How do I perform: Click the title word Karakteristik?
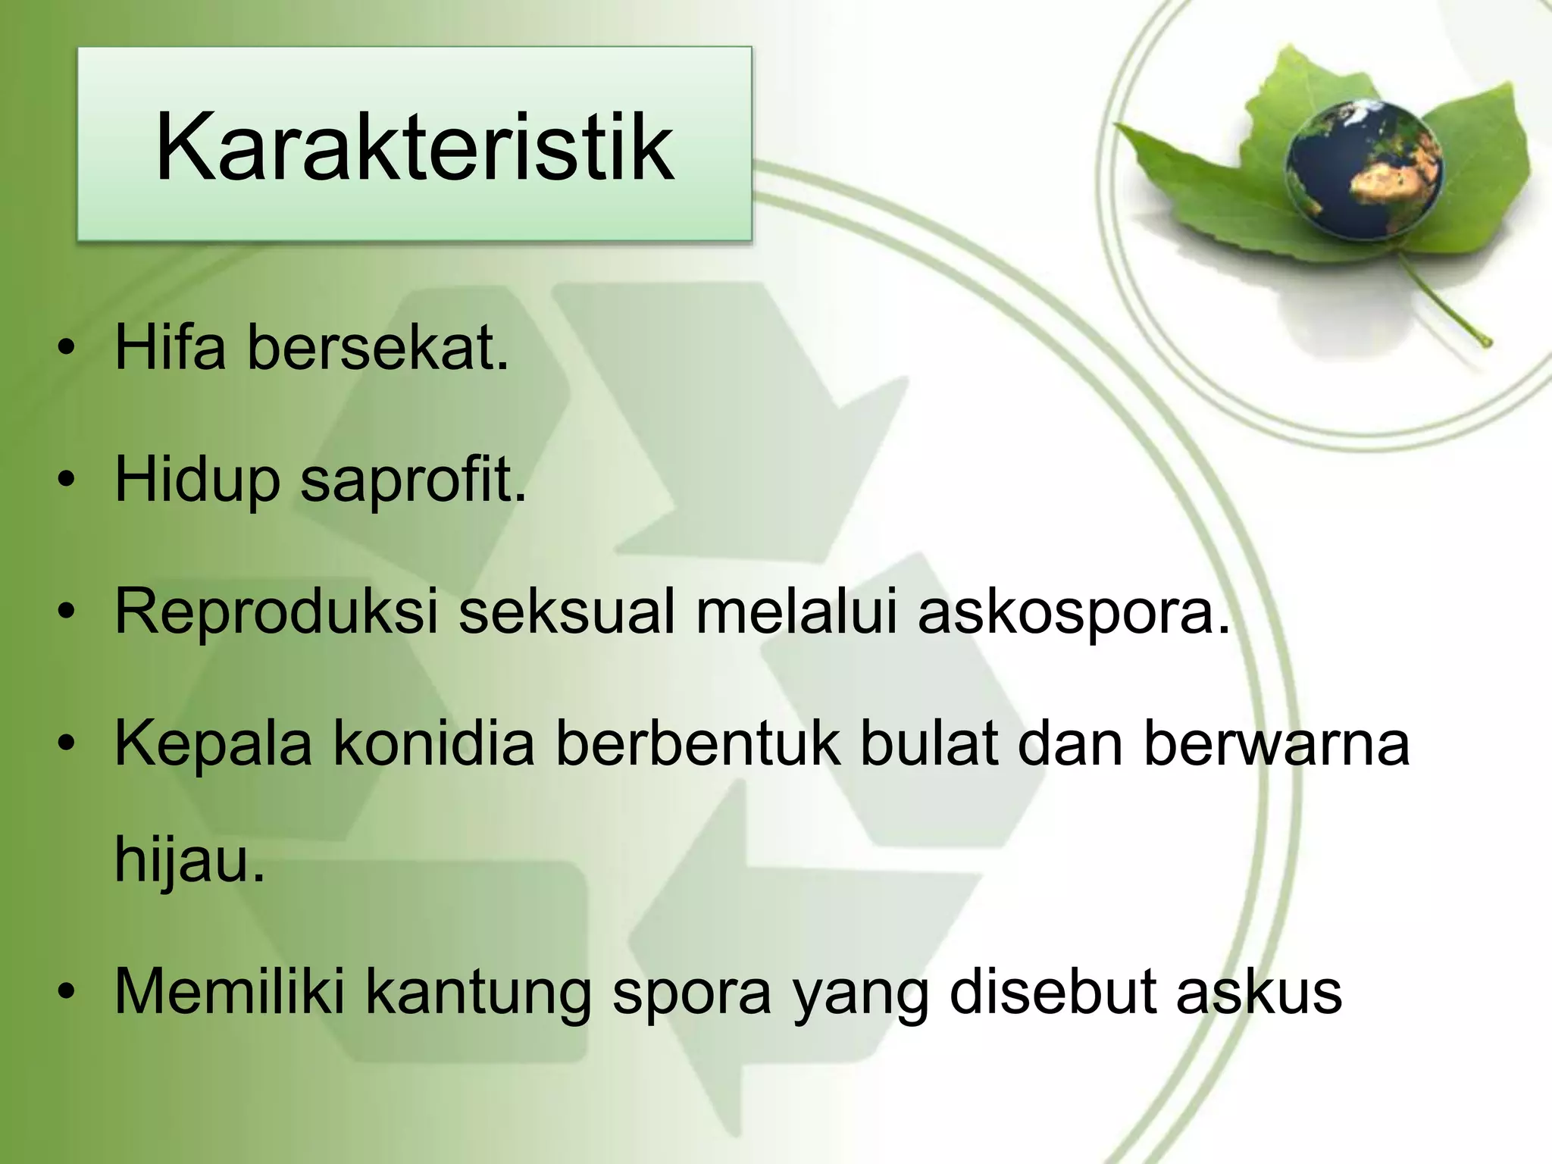tap(414, 147)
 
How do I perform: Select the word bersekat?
tap(377, 347)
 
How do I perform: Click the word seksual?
tap(566, 612)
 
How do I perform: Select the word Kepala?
tap(213, 746)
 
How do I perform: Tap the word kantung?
tap(478, 994)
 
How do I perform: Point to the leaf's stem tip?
tap(1486, 343)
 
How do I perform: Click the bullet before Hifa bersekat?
tap(67, 349)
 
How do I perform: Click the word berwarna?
tap(1276, 744)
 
